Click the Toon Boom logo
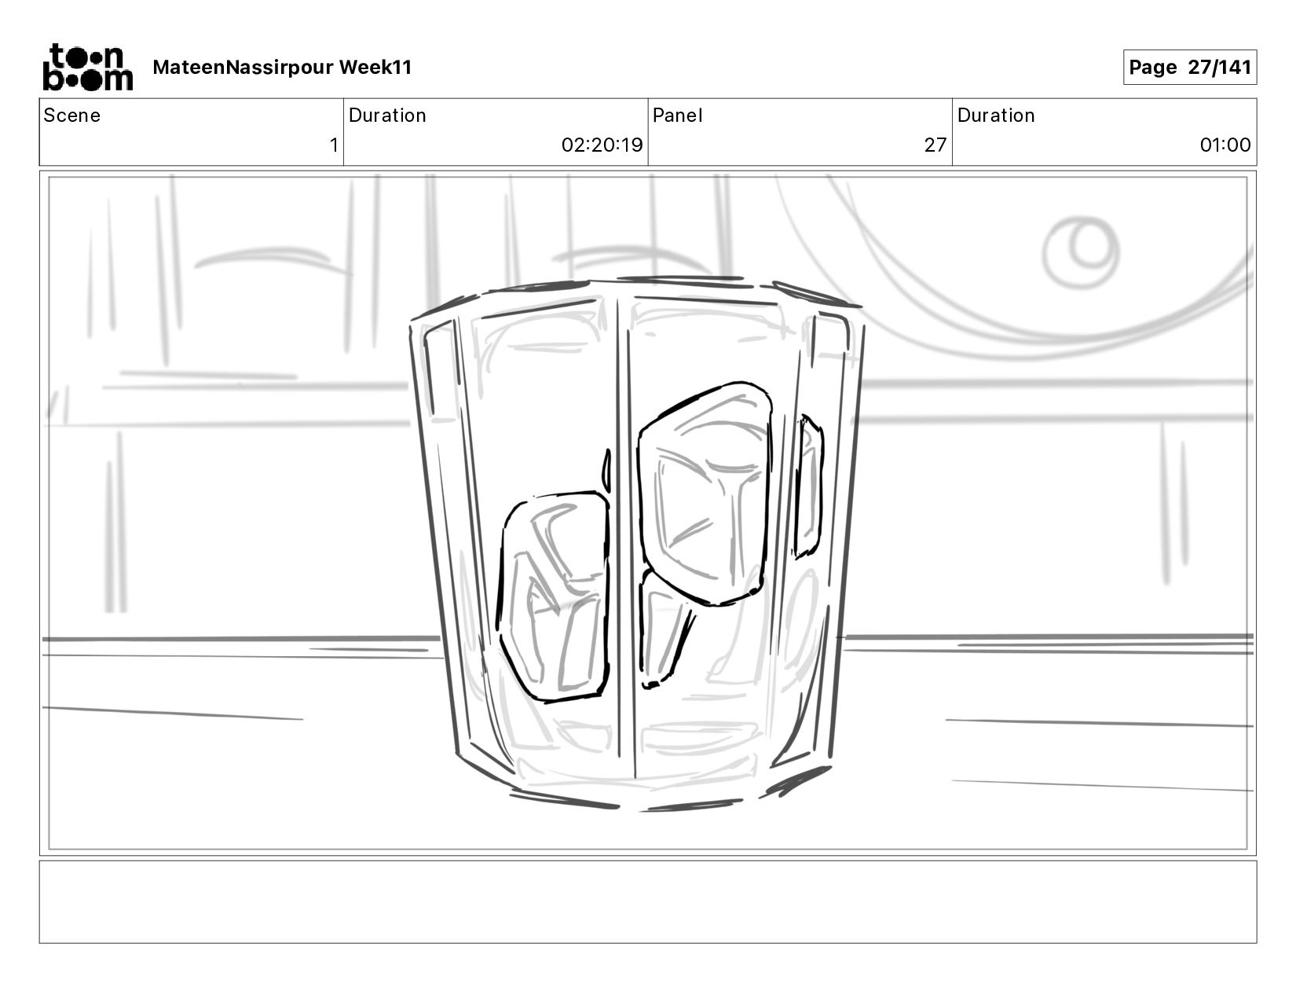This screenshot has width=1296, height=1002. [x=86, y=68]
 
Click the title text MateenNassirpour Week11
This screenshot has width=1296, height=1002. [x=282, y=68]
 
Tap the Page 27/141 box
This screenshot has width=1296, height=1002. [x=1189, y=68]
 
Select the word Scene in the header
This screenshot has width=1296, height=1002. [x=72, y=116]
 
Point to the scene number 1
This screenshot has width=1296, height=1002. [x=334, y=145]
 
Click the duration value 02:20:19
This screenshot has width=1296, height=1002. [x=602, y=145]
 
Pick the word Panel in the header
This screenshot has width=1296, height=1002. [x=677, y=116]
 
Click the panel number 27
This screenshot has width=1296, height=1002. [x=935, y=145]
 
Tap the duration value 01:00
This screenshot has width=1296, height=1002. [x=1225, y=145]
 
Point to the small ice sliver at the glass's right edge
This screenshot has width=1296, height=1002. [x=808, y=487]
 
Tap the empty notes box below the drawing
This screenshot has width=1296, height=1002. [x=647, y=901]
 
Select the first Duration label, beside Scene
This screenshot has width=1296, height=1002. [x=387, y=116]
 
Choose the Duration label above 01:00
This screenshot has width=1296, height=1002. [x=996, y=116]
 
